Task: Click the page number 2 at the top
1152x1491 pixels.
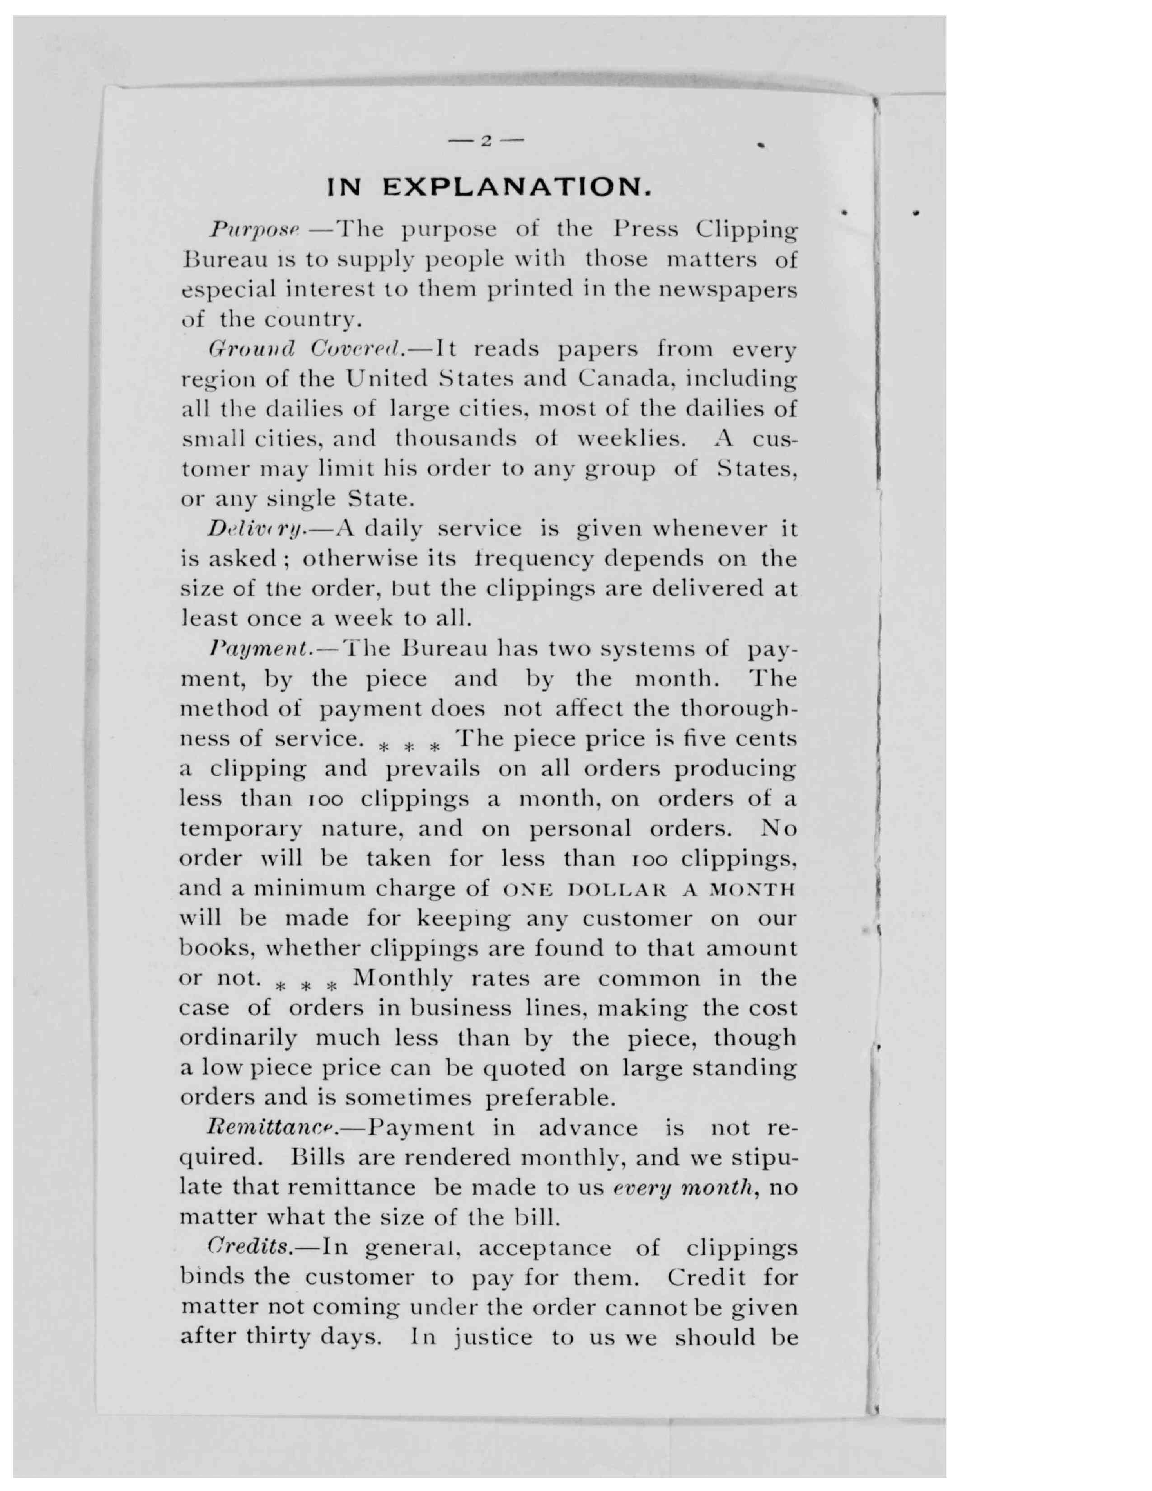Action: click(486, 141)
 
